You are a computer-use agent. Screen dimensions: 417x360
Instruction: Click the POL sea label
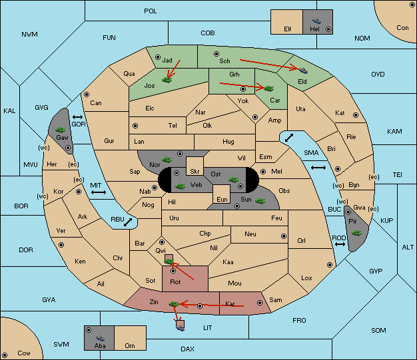[151, 11]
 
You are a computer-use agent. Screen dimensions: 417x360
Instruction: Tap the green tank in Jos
[167, 79]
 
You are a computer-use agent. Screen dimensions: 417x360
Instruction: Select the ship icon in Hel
[316, 21]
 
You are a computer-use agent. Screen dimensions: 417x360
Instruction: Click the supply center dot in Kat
[356, 115]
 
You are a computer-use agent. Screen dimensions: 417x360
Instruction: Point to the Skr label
[195, 172]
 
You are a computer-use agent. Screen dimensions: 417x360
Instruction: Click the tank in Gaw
[61, 130]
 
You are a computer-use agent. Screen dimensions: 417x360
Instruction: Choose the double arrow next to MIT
[99, 192]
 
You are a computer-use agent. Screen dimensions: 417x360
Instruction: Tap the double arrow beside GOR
[77, 117]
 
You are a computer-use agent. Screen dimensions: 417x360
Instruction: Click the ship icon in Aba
[100, 338]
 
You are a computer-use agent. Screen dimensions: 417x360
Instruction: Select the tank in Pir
[356, 233]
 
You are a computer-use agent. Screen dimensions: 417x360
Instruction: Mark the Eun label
[222, 199]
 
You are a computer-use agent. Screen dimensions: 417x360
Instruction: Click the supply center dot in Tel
[135, 126]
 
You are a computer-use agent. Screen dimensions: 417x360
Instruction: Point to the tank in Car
[268, 89]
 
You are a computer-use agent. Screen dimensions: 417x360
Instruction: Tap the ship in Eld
[303, 70]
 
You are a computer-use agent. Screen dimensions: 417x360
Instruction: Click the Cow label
[24, 353]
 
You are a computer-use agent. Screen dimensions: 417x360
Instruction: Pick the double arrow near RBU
[128, 222]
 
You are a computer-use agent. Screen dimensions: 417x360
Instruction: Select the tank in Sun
[260, 200]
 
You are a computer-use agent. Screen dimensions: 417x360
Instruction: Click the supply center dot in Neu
[284, 236]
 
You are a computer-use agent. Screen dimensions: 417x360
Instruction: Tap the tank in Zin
[174, 303]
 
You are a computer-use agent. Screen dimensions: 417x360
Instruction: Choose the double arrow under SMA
[318, 168]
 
